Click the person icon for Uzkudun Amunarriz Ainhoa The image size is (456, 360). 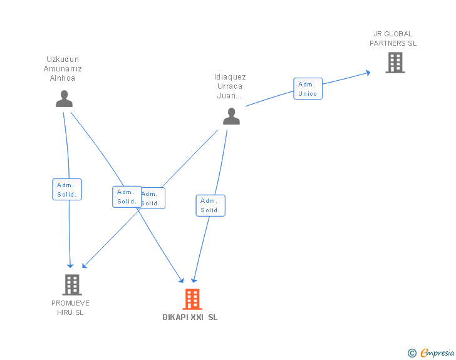pyautogui.click(x=64, y=99)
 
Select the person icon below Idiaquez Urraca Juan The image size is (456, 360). pyautogui.click(x=231, y=116)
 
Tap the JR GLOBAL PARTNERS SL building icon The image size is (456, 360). pyautogui.click(x=395, y=63)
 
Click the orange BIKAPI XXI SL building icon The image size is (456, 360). pyautogui.click(x=192, y=299)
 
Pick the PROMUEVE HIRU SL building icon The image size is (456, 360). pyautogui.click(x=72, y=285)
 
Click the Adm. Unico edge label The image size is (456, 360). pyautogui.click(x=308, y=89)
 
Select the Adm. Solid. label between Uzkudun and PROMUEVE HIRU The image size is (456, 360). pyautogui.click(x=66, y=190)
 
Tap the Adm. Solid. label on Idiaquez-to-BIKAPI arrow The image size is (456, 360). pyautogui.click(x=210, y=205)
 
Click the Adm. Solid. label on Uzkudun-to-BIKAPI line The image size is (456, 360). pyautogui.click(x=127, y=197)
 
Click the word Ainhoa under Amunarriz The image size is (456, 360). pyautogui.click(x=63, y=78)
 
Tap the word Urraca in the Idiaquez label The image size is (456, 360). pyautogui.click(x=230, y=86)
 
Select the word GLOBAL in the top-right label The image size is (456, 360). pyautogui.click(x=398, y=34)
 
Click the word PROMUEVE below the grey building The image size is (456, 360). pyautogui.click(x=71, y=303)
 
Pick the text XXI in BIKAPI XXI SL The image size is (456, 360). pyautogui.click(x=198, y=317)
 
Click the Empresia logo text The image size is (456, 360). pyautogui.click(x=437, y=353)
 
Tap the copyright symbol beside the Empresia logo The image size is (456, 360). pyautogui.click(x=412, y=354)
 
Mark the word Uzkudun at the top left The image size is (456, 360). pyautogui.click(x=63, y=59)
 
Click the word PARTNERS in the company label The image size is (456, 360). pyautogui.click(x=388, y=43)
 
